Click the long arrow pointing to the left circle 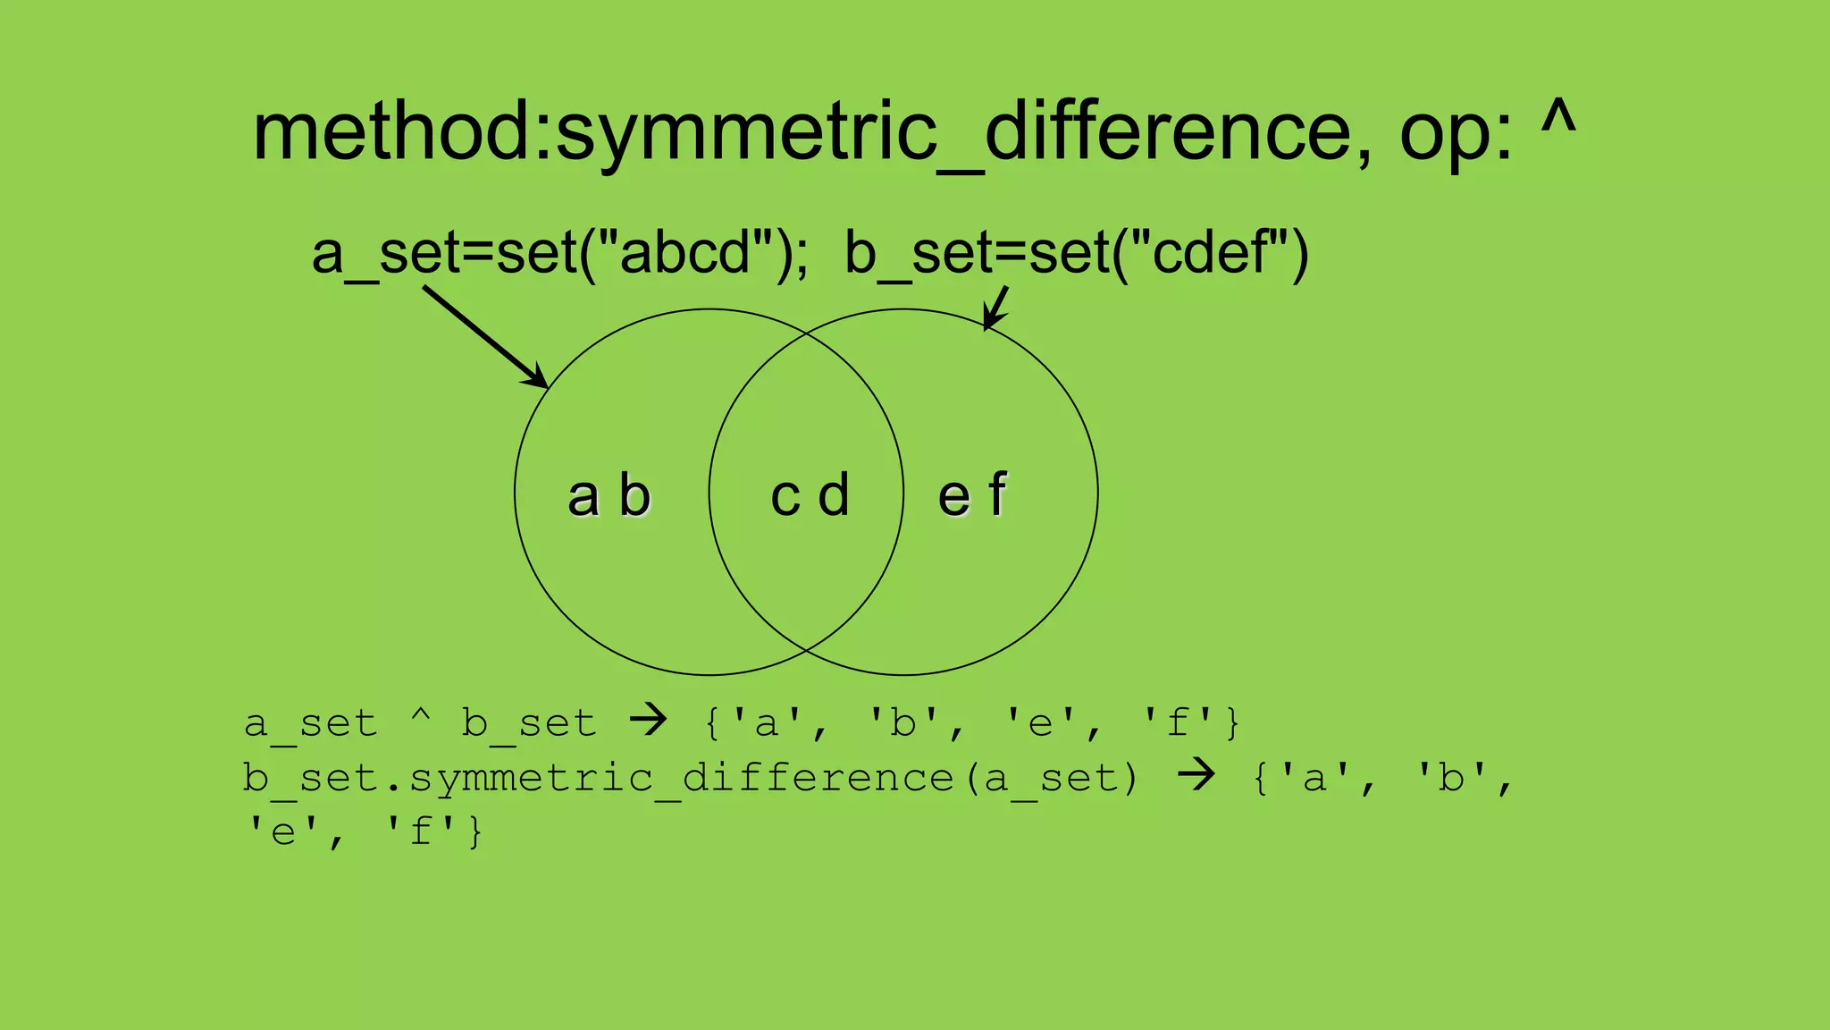(485, 337)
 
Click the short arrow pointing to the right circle (995, 308)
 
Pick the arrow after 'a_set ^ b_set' (648, 720)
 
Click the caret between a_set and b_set (421, 715)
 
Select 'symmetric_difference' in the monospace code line (682, 778)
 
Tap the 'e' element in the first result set (1040, 722)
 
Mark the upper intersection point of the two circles (806, 333)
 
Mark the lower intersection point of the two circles (806, 650)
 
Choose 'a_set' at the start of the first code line (311, 723)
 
